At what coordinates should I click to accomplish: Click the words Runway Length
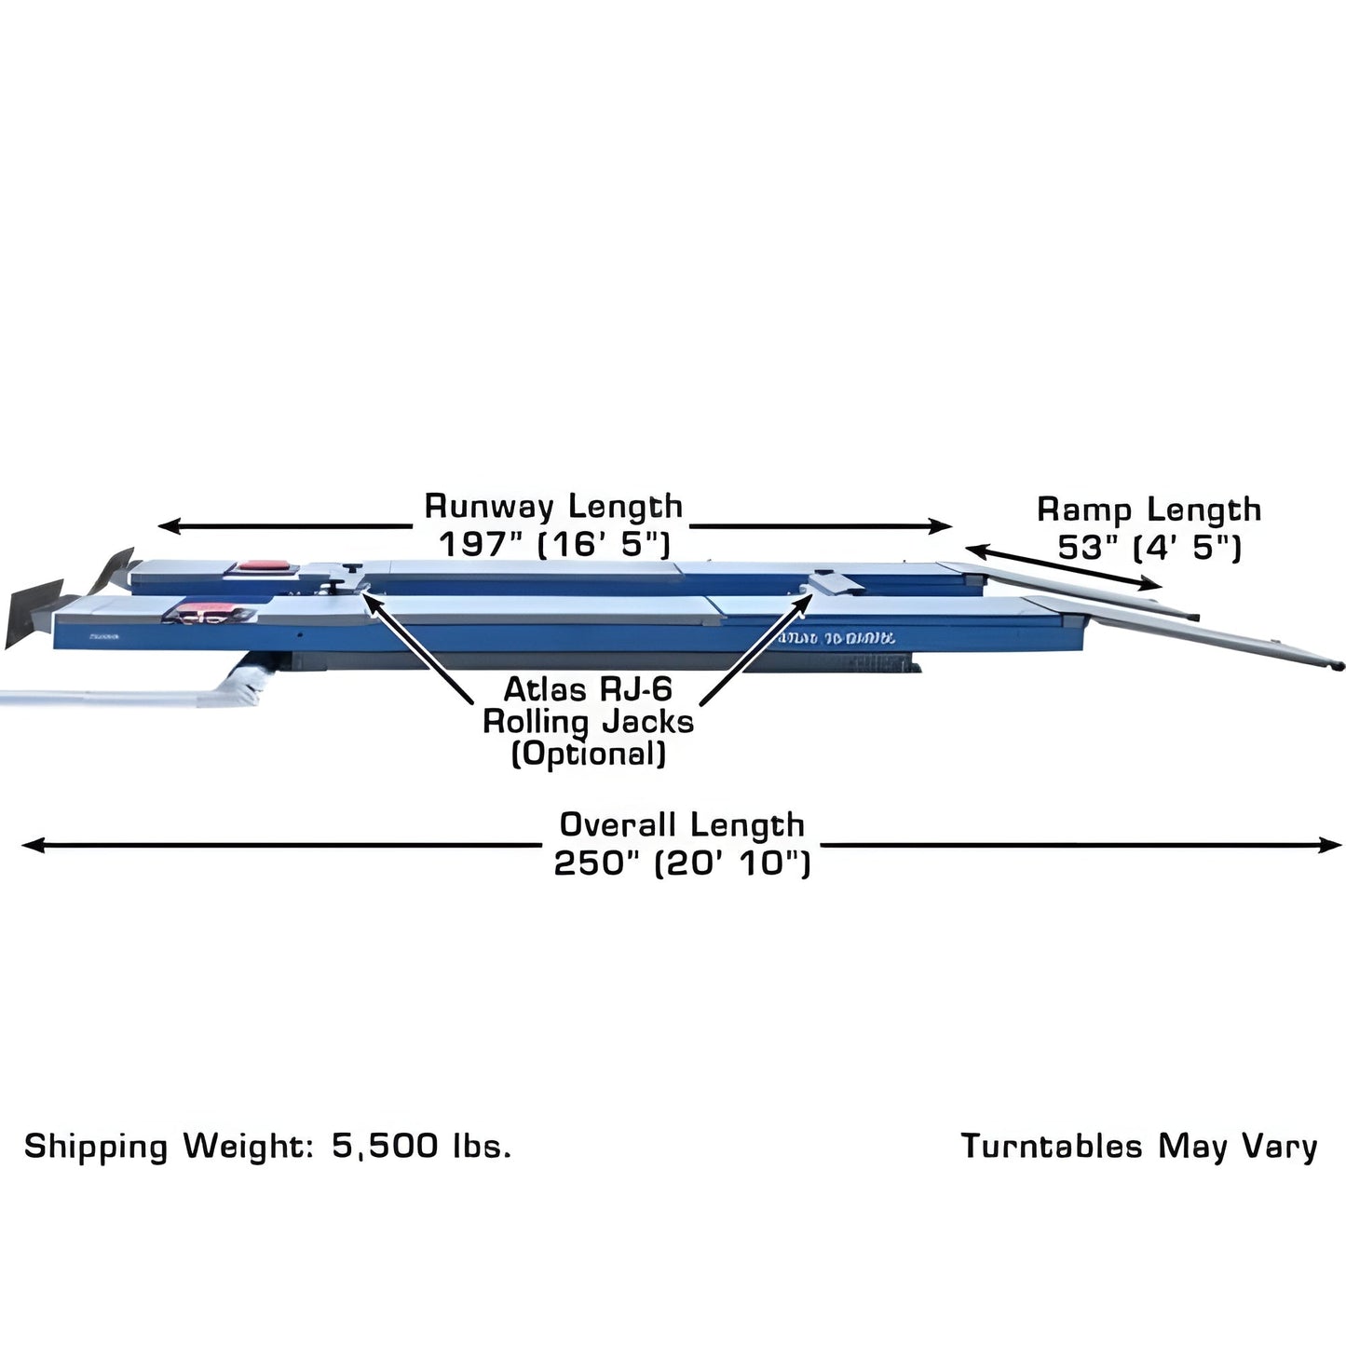[553, 507]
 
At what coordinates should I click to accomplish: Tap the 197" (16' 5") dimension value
[555, 543]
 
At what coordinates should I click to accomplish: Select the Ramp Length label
[1149, 510]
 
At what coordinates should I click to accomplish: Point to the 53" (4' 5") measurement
[1149, 547]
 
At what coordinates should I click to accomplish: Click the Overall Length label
[682, 825]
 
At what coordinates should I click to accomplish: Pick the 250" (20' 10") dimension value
[682, 863]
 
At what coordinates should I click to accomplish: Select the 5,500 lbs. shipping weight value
[421, 1146]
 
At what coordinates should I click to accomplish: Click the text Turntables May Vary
[1138, 1146]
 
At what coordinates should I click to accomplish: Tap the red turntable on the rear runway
[264, 565]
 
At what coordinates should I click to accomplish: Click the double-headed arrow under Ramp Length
[1063, 565]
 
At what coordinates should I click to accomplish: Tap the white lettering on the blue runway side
[836, 638]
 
